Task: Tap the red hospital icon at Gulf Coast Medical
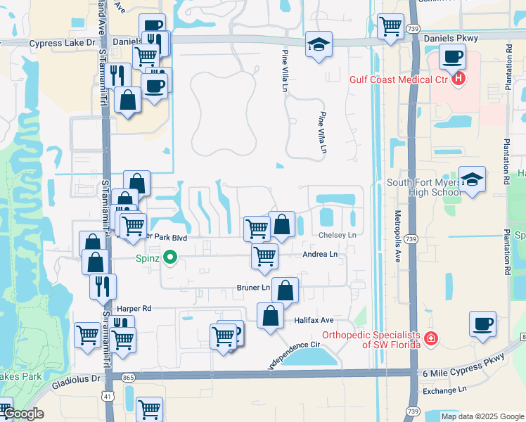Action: (x=458, y=78)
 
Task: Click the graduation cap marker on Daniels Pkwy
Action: (x=319, y=44)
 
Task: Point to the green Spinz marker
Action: (x=169, y=257)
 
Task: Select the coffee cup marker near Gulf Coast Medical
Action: (x=451, y=56)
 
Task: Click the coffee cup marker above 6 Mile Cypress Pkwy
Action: (x=482, y=324)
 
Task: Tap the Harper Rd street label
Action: (x=134, y=308)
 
